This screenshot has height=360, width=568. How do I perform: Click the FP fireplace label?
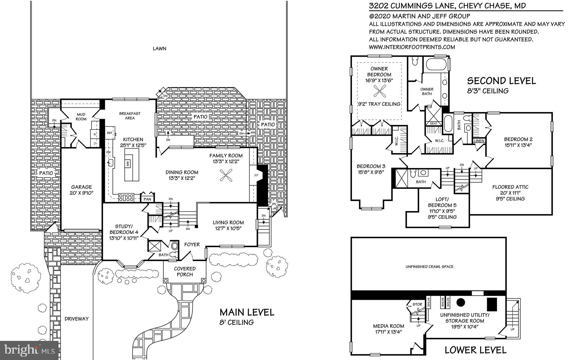(x=256, y=176)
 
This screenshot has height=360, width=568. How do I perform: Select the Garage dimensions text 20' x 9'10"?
(x=81, y=193)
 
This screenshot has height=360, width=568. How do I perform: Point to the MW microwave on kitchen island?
(x=128, y=164)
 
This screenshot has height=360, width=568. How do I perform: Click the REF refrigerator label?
(x=110, y=133)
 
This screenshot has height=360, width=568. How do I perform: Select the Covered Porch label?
(x=185, y=272)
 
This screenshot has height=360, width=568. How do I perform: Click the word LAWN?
(x=159, y=49)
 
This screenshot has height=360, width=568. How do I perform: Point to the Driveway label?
(x=77, y=319)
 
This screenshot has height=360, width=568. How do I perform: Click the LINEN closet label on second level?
(x=479, y=141)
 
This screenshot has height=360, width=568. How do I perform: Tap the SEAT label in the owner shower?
(x=433, y=123)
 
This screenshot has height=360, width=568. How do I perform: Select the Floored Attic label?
(x=510, y=187)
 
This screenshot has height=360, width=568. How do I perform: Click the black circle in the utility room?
(x=461, y=310)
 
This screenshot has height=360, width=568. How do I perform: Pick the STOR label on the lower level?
(x=417, y=304)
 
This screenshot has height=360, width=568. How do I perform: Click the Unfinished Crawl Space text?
(x=429, y=267)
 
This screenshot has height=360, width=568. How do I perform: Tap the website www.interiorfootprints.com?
(x=412, y=47)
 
